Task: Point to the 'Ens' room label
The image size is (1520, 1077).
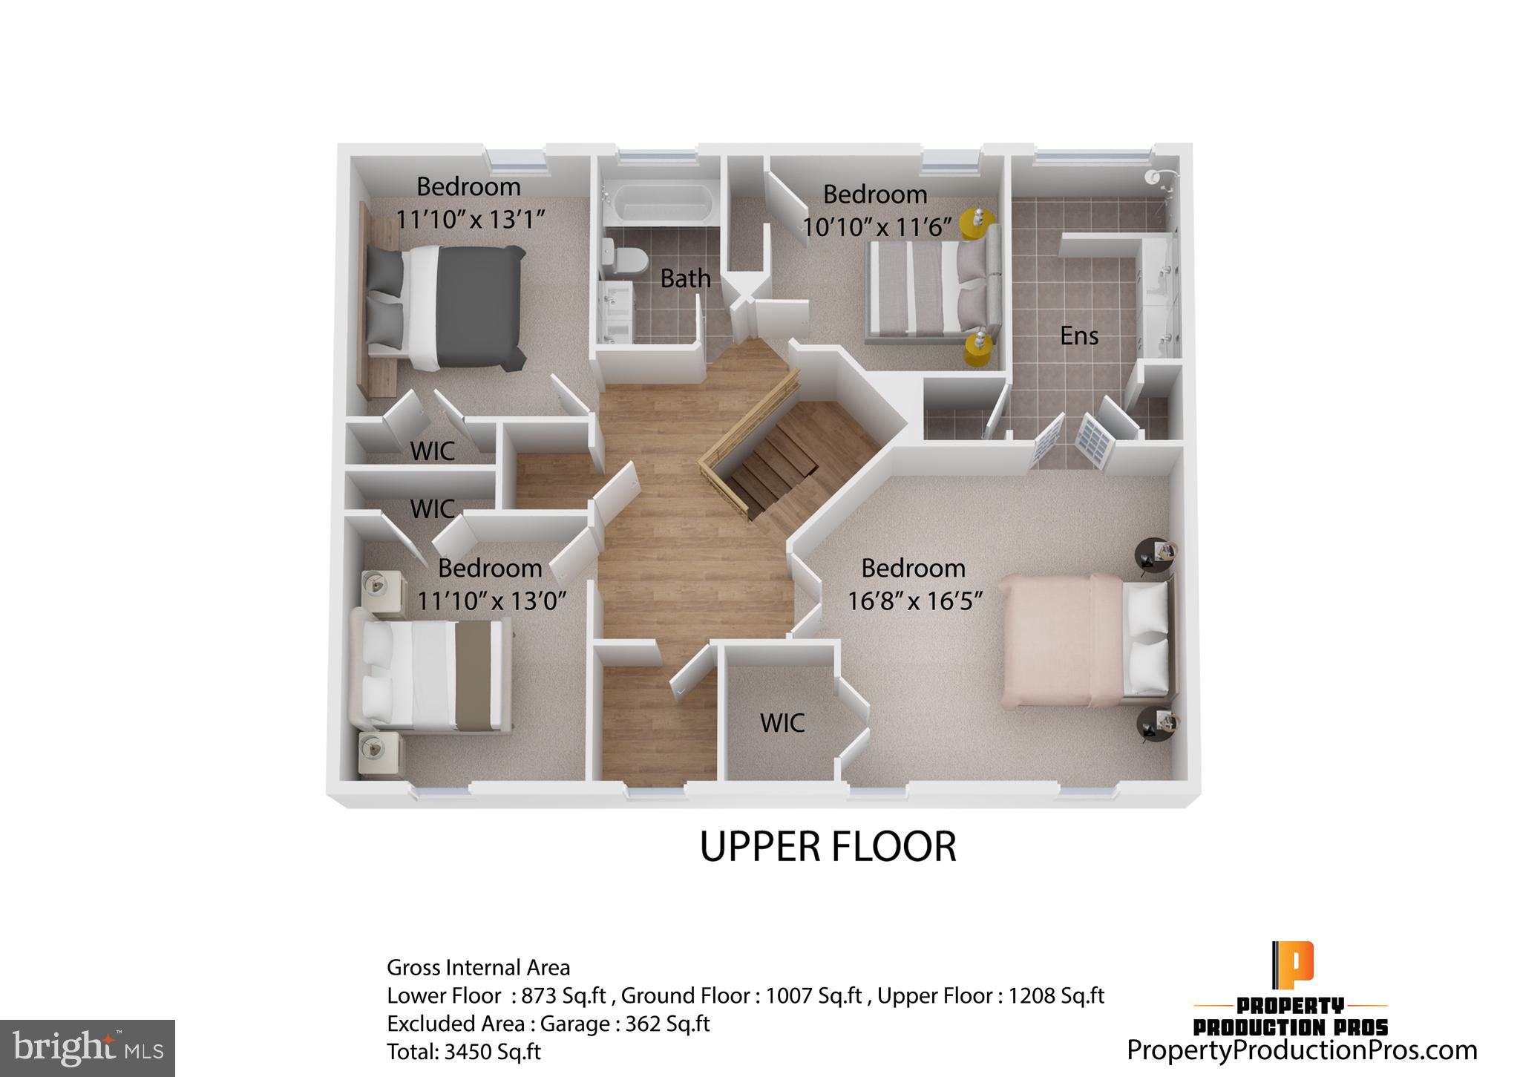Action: (1078, 336)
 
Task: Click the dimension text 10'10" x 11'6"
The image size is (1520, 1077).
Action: (877, 227)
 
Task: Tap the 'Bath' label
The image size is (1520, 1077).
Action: (685, 279)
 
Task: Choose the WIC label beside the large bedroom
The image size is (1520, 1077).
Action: (782, 723)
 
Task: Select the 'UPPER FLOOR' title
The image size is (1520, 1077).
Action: (828, 847)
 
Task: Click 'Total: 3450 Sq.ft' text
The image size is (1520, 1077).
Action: (463, 1052)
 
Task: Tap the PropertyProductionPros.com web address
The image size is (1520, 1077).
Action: (1302, 1050)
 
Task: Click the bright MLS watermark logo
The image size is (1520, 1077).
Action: (88, 1049)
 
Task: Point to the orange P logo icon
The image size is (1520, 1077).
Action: (1292, 963)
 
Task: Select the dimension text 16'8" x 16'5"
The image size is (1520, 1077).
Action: (914, 600)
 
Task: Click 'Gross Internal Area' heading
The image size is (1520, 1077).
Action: (478, 968)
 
